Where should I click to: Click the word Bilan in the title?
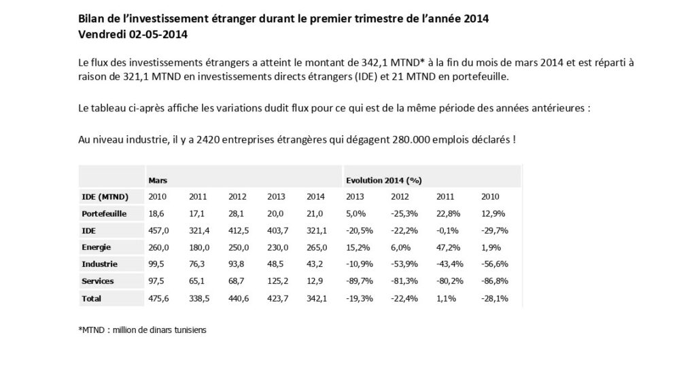[x=92, y=18]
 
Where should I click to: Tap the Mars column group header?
[x=158, y=181]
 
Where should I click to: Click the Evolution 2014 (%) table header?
[x=384, y=181]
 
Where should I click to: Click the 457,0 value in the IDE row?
[x=159, y=230]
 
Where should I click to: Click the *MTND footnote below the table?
[x=142, y=330]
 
